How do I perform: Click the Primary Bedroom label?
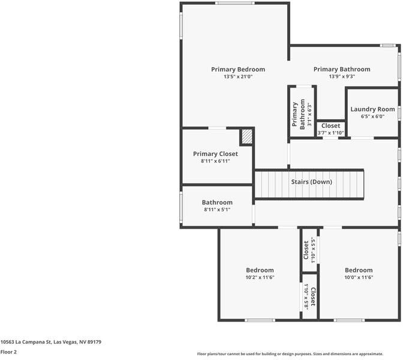(x=237, y=70)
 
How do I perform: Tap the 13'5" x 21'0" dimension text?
(x=237, y=77)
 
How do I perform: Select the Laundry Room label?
(x=372, y=109)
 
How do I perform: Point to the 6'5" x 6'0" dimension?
(x=372, y=116)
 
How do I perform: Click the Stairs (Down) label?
(x=311, y=182)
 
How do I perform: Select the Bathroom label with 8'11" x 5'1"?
(x=216, y=203)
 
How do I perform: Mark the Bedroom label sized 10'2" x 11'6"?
(x=260, y=270)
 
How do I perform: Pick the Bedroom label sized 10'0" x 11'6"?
(x=358, y=270)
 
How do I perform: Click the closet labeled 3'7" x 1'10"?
(x=330, y=129)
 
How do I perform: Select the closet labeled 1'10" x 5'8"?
(x=309, y=296)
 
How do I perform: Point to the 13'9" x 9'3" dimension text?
(x=341, y=77)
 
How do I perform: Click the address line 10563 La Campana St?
(x=50, y=342)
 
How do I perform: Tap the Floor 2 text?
(x=8, y=352)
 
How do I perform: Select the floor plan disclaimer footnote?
(x=299, y=354)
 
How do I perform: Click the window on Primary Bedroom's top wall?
(x=234, y=4)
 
